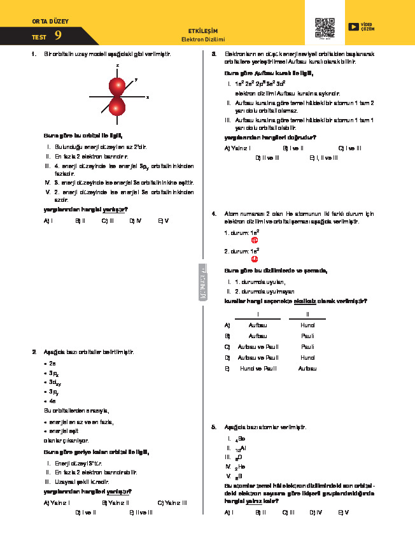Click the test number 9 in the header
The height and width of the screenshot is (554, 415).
tap(59, 36)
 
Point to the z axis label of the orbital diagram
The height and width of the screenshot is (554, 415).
tap(118, 66)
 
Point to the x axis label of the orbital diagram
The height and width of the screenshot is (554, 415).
tap(147, 97)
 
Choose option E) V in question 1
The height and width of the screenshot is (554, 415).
tap(163, 220)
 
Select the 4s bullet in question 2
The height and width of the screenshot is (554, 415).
tap(51, 402)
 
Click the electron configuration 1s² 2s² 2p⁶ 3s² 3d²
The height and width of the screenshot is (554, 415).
tap(260, 83)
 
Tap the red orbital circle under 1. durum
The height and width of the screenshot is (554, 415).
tap(255, 240)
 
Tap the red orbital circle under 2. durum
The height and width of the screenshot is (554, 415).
tap(255, 259)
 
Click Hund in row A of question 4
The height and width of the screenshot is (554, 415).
tap(307, 325)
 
